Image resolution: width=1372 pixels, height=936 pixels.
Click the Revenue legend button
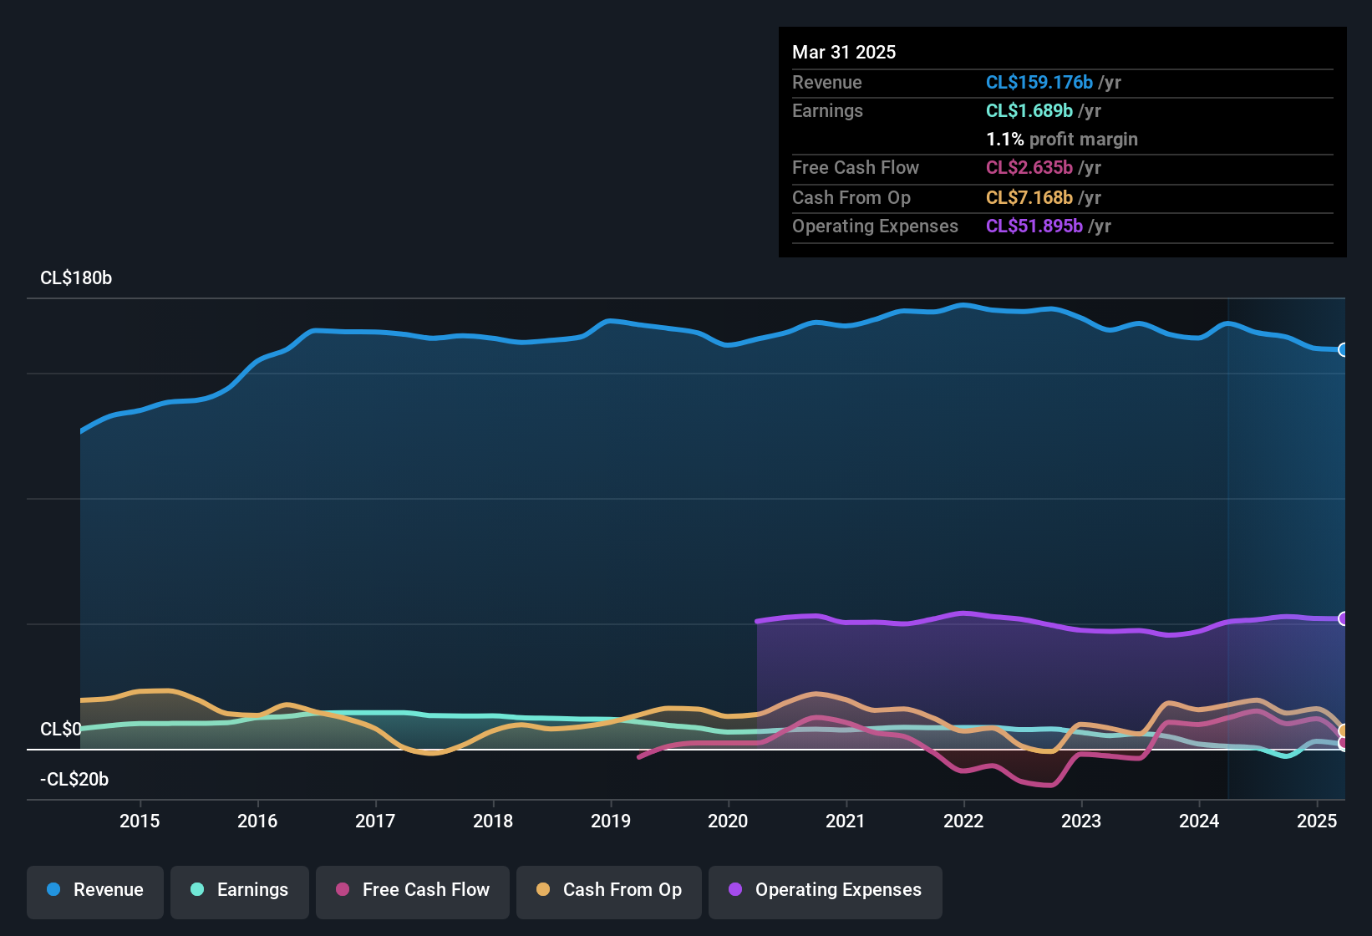[95, 890]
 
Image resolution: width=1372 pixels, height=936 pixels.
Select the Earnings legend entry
[240, 890]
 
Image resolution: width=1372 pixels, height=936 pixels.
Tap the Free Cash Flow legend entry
[413, 890]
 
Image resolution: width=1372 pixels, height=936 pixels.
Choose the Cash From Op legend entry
[609, 890]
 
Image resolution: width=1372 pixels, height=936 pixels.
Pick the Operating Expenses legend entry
[826, 890]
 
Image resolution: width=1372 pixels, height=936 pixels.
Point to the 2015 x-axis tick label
[140, 822]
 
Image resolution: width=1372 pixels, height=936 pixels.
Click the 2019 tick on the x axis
[611, 822]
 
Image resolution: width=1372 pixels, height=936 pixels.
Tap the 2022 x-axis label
[963, 822]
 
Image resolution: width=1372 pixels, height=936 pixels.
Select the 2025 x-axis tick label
[1317, 822]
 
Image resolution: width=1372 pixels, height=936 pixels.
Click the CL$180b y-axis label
[76, 278]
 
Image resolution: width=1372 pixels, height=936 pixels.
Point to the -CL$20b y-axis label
[74, 780]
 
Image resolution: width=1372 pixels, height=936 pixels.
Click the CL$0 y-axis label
[61, 730]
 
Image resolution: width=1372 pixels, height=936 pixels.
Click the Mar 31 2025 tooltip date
[844, 53]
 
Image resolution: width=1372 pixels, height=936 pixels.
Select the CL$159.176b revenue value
[1039, 83]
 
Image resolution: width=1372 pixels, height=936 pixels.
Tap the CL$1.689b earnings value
[1029, 111]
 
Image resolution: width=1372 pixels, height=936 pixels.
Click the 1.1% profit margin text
[1062, 140]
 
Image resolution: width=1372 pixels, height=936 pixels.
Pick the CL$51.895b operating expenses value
[1034, 226]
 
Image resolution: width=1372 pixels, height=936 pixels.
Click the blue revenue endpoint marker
[1343, 350]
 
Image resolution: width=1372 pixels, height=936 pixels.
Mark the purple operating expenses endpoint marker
[1343, 619]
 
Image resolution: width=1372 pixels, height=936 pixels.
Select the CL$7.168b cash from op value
[1029, 198]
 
